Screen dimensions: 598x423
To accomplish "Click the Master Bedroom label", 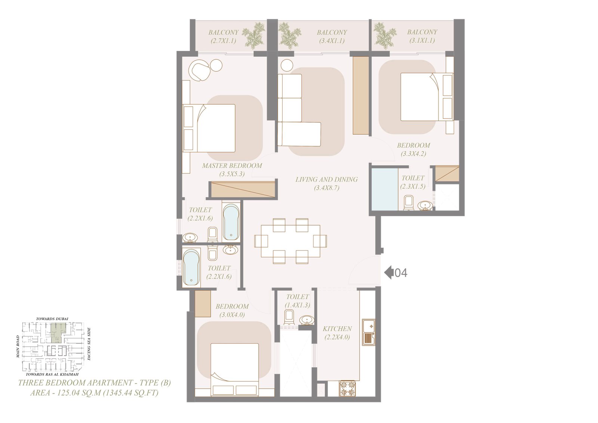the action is tap(232, 166).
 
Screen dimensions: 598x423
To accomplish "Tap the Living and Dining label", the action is tap(327, 180).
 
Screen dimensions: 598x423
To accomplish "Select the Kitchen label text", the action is tap(337, 329).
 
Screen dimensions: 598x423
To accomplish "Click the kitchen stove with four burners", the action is tap(347, 389).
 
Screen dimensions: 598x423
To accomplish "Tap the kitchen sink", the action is tap(369, 332).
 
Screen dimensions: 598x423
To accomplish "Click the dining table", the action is tap(290, 241).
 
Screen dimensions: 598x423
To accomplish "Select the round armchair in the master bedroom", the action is tap(199, 70).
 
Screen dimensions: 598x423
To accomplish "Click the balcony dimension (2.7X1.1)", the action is tap(224, 41).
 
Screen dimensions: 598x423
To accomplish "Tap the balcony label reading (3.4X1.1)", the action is tap(332, 41).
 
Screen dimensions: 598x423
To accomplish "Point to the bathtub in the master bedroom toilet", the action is tap(231, 222).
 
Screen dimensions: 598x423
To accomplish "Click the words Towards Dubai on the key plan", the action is tap(52, 319).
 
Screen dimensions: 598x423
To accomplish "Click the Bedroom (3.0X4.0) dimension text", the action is tap(232, 315).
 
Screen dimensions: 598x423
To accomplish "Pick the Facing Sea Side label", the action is tap(89, 344).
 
